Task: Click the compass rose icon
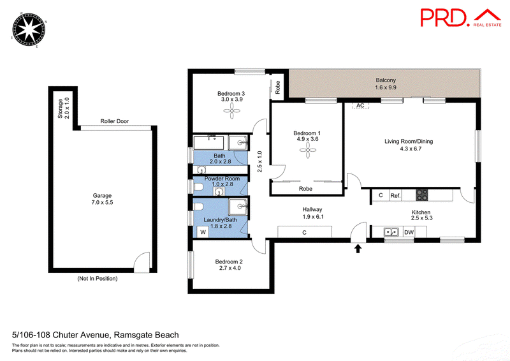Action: (x=29, y=30)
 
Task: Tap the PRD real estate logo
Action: (x=461, y=18)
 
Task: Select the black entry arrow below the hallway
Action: (x=358, y=249)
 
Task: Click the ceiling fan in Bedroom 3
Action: (x=231, y=111)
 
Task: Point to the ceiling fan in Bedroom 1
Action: (x=308, y=151)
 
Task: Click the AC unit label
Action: (x=360, y=105)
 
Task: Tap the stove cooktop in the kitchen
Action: (x=422, y=195)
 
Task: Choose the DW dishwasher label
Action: (x=409, y=232)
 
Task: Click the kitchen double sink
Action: (x=391, y=232)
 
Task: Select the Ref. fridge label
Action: (x=395, y=196)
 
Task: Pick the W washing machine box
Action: (x=203, y=232)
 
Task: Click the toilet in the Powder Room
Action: (x=198, y=187)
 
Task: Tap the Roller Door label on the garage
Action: (x=115, y=121)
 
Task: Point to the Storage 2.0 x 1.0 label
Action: (x=63, y=108)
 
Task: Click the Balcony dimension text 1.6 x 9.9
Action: (x=386, y=87)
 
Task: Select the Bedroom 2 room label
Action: (x=229, y=262)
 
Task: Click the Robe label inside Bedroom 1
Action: (x=305, y=189)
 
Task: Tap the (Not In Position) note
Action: (x=98, y=278)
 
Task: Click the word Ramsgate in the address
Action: (x=135, y=335)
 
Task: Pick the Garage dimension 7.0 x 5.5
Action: (x=102, y=202)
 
